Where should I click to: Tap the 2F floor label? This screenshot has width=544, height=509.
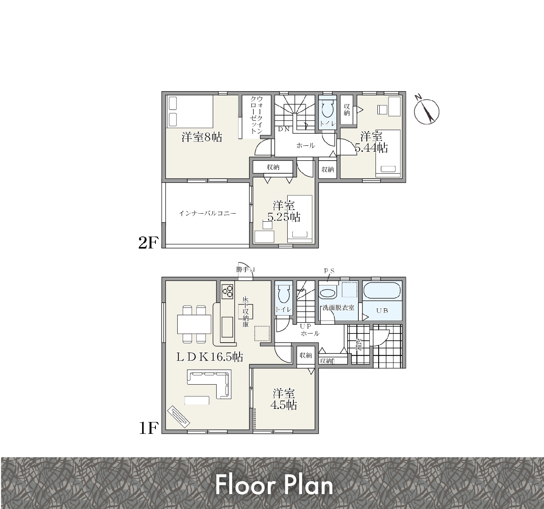pos(149,242)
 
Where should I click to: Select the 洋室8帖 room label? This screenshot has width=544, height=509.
pos(202,137)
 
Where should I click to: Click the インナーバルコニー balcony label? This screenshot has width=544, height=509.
pos(207,213)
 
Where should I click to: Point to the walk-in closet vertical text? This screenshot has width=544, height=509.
pos(257,115)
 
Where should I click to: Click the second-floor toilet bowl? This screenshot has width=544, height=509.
pos(327,111)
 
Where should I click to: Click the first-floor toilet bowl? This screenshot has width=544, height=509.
pos(283,295)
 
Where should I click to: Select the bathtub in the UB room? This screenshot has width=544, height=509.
pos(382,291)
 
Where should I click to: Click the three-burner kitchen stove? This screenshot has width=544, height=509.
pos(227,291)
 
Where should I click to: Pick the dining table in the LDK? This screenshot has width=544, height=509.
pos(194,324)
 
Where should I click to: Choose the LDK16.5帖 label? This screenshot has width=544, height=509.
pos(210,357)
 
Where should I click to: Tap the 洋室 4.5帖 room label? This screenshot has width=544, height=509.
pos(284,399)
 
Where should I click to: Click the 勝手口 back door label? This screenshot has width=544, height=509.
pos(245,269)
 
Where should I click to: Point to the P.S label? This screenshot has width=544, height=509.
pos(329,271)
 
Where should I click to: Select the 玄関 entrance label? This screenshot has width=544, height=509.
pos(358,344)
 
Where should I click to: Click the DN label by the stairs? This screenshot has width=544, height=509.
pos(284,129)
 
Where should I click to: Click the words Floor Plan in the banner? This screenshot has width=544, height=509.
pos(274,485)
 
